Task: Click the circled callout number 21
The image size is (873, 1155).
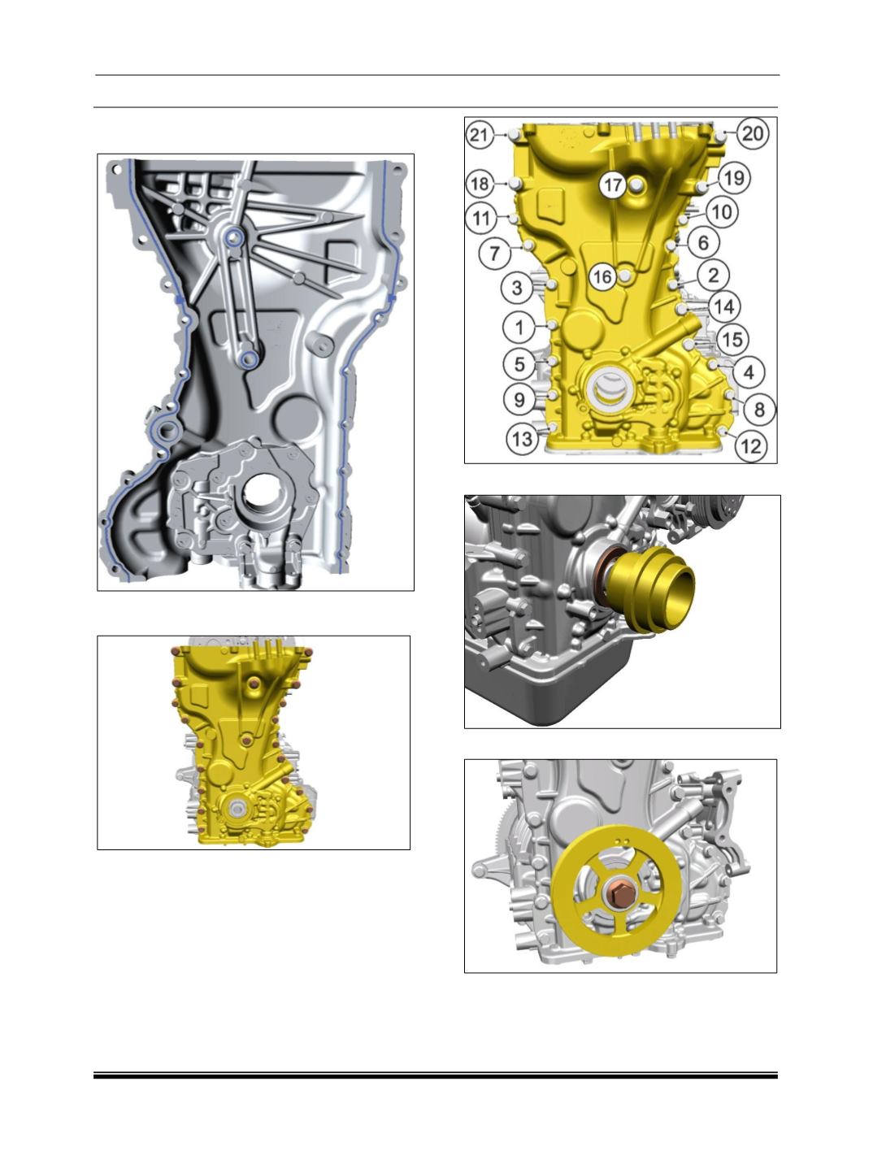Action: (x=478, y=135)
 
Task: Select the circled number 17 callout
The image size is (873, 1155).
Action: (x=613, y=185)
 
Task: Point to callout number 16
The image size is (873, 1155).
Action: (x=603, y=277)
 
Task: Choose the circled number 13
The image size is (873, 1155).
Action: (x=522, y=438)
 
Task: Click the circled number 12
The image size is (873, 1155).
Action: (x=751, y=446)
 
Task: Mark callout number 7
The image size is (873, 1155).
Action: (x=495, y=254)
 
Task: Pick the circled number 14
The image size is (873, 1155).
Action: (x=724, y=306)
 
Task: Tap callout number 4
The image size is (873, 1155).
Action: (x=749, y=372)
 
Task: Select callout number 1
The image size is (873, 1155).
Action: (x=519, y=328)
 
